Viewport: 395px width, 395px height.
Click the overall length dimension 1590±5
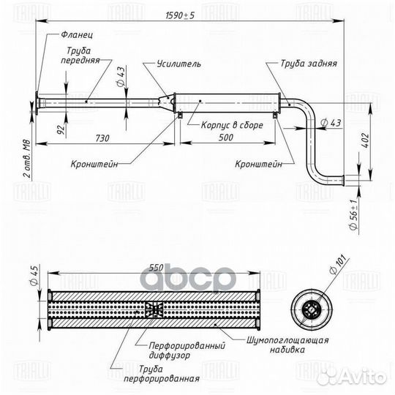coord(180,15)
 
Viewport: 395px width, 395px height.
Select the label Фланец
coord(77,34)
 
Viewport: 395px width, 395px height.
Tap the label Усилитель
coord(179,64)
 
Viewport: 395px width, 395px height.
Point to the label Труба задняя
coord(309,64)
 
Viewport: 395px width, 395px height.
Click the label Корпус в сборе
coord(232,125)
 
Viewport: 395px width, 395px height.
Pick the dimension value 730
coord(102,138)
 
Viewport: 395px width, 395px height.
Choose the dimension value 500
coord(226,138)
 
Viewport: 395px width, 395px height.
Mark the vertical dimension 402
coord(366,141)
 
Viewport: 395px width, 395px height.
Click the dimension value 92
coord(61,129)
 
